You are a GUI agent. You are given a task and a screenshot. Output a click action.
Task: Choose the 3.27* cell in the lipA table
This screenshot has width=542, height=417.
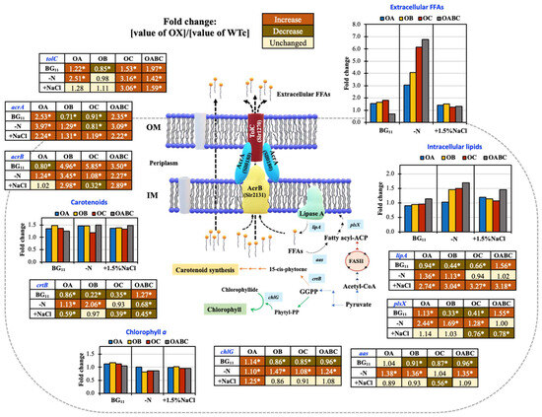pos(490,267)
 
